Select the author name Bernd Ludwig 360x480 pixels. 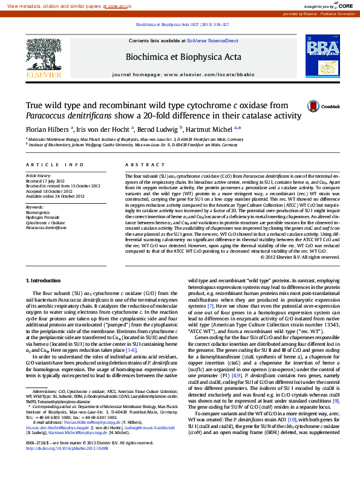(x=157, y=129)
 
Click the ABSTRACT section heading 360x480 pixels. (x=137, y=164)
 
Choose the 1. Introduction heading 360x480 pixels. (x=44, y=281)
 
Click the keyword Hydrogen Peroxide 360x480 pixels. (x=44, y=218)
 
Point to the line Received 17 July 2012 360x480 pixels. (x=47, y=181)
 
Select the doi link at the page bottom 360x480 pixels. (x=67, y=466)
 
